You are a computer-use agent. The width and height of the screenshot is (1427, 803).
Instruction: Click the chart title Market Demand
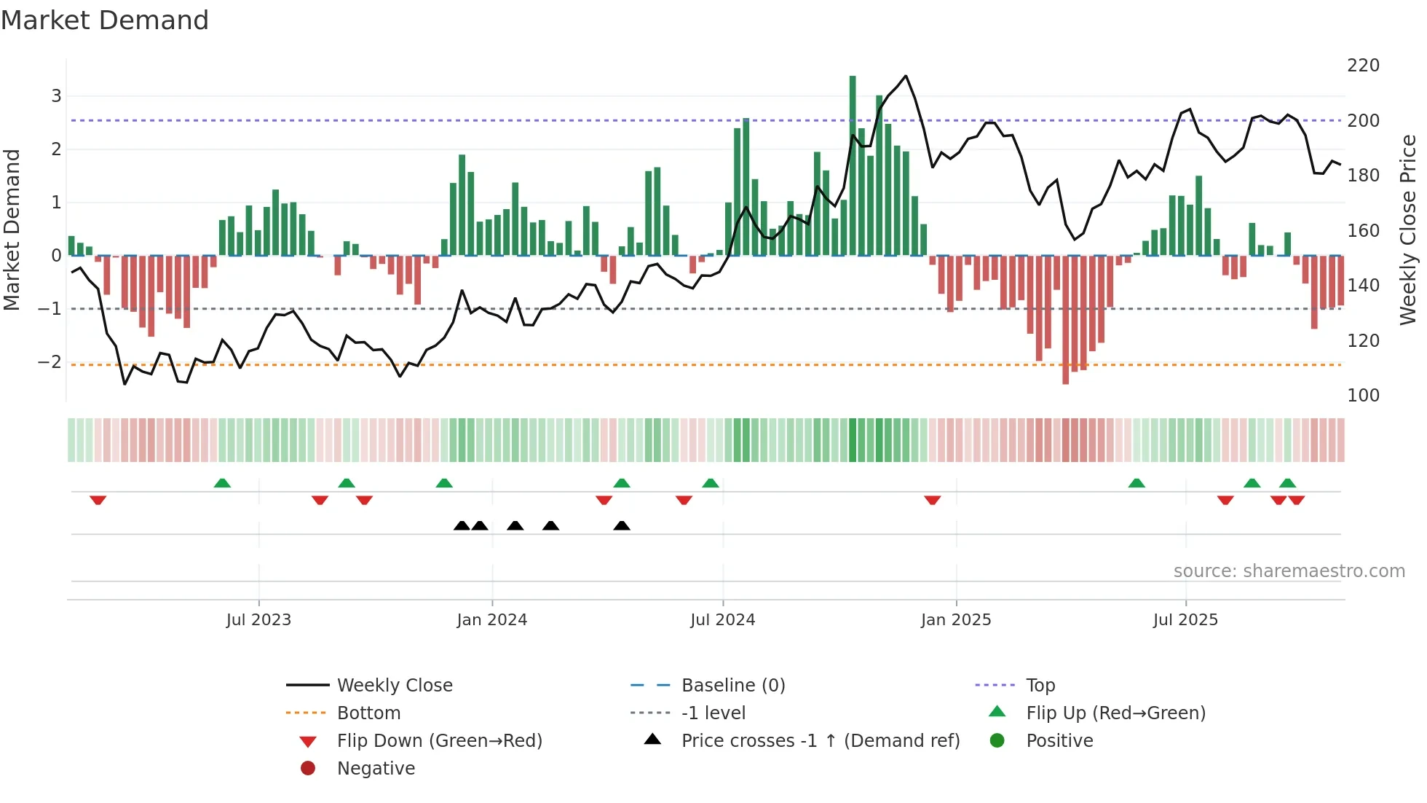pyautogui.click(x=105, y=20)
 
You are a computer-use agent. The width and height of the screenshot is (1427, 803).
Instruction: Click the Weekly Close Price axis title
pyautogui.click(x=1408, y=230)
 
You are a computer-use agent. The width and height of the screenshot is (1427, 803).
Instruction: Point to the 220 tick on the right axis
pyautogui.click(x=1363, y=66)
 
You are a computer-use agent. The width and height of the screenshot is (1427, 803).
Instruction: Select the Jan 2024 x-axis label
pyautogui.click(x=491, y=620)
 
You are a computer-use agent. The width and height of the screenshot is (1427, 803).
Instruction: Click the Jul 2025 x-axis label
pyautogui.click(x=1185, y=620)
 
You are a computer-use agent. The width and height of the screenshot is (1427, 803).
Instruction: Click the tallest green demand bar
pyautogui.click(x=853, y=165)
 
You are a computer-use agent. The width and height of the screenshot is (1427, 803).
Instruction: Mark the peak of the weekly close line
pyautogui.click(x=905, y=76)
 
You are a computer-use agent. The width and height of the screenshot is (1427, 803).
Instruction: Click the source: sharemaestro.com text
pyautogui.click(x=1289, y=571)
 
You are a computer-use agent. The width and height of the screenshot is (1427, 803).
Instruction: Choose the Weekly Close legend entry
pyautogui.click(x=394, y=686)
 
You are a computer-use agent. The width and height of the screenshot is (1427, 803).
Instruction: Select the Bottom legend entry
pyautogui.click(x=368, y=713)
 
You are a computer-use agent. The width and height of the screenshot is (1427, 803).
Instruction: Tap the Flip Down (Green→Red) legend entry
pyautogui.click(x=439, y=741)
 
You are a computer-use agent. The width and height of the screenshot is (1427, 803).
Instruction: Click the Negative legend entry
pyautogui.click(x=376, y=769)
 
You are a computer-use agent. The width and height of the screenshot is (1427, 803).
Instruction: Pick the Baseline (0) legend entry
pyautogui.click(x=732, y=686)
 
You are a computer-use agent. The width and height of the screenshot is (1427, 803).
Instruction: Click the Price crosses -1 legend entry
pyautogui.click(x=820, y=741)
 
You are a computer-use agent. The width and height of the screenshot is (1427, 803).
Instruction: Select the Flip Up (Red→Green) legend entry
pyautogui.click(x=1115, y=713)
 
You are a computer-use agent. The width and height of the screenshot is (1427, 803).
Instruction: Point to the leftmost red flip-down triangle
pyautogui.click(x=98, y=500)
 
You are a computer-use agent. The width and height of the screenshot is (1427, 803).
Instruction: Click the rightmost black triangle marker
pyautogui.click(x=621, y=525)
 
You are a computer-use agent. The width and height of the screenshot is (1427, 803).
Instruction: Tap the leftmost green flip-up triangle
pyautogui.click(x=222, y=483)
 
